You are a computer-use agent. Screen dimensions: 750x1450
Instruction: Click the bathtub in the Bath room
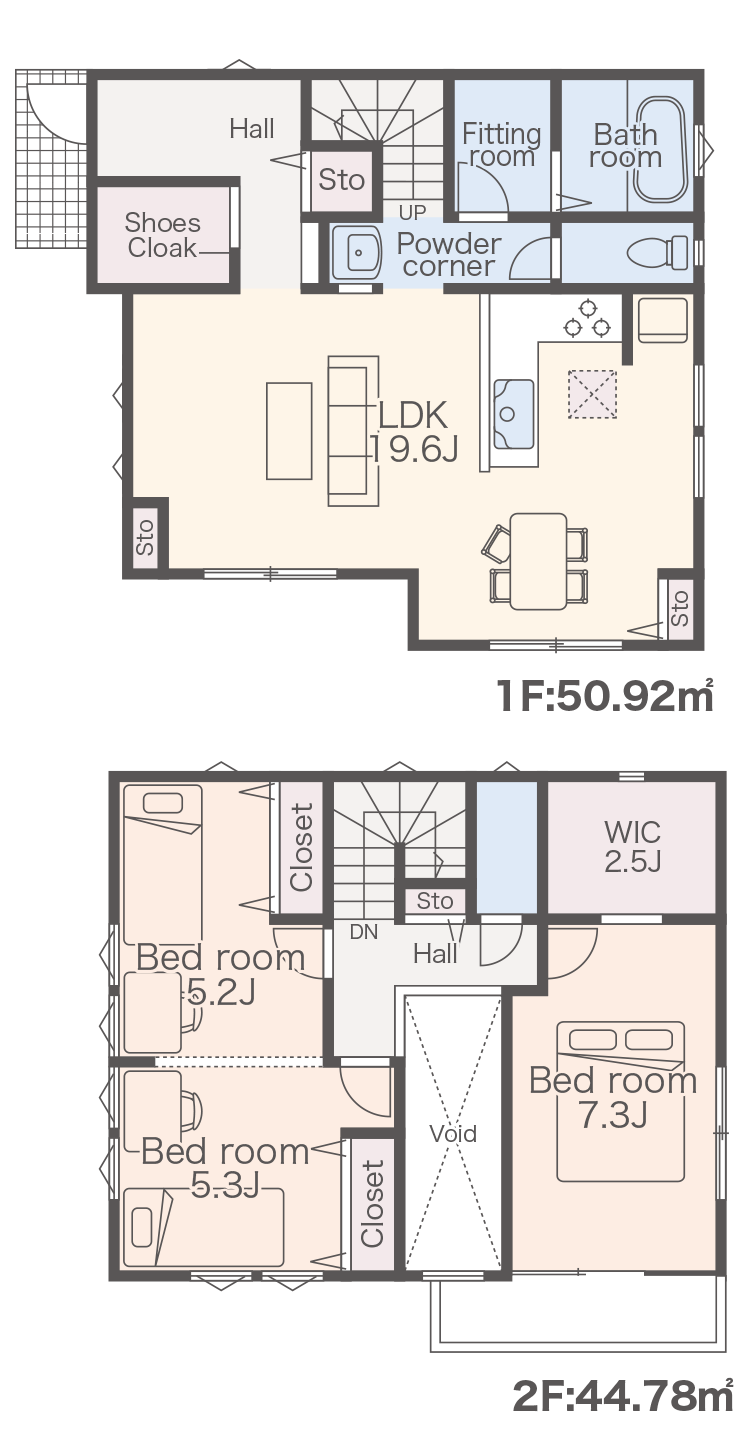point(659,150)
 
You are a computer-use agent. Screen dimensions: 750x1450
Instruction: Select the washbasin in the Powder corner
point(357,252)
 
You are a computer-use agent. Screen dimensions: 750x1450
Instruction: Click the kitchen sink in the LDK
point(514,414)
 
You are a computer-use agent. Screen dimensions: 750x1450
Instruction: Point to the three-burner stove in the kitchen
point(587,318)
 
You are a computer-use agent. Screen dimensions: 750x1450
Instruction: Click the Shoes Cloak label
point(162,235)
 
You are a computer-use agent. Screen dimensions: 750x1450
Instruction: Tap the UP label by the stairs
point(412,212)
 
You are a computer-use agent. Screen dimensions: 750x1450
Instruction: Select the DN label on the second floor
point(364,932)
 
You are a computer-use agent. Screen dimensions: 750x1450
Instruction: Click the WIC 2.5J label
point(632,847)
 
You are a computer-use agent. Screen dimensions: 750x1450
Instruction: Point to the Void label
point(453,1133)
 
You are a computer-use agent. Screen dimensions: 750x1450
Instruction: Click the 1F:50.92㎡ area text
point(605,697)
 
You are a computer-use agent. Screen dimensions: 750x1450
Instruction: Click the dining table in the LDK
point(538,561)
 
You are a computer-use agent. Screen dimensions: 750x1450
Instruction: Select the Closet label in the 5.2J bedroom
point(302,847)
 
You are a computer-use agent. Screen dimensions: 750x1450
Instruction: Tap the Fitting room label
point(502,146)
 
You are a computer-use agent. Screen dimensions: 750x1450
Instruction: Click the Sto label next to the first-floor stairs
point(342,179)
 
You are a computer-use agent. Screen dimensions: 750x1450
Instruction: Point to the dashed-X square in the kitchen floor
point(592,394)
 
